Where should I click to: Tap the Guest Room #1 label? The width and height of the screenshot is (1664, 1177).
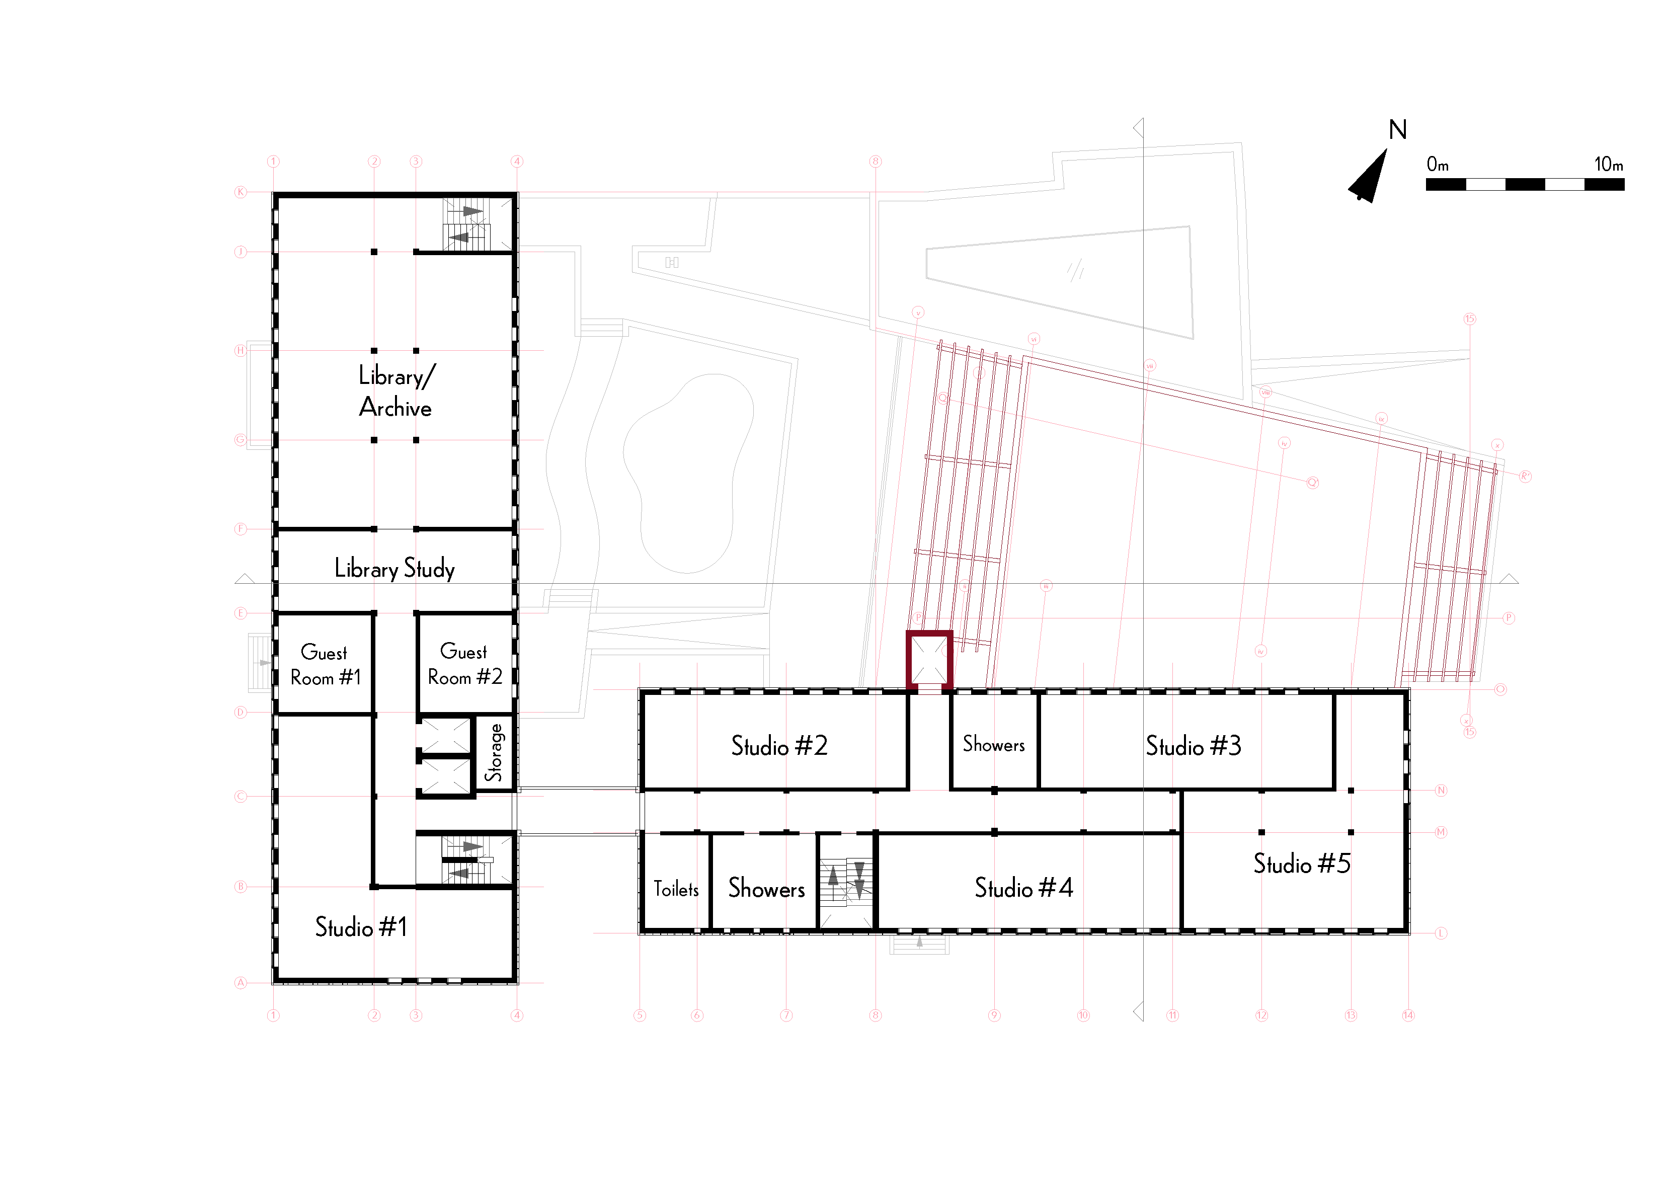click(325, 665)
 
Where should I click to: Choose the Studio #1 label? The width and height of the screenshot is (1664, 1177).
click(361, 927)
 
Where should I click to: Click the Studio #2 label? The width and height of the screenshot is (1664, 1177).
click(779, 746)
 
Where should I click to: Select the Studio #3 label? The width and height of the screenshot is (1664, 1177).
click(1193, 746)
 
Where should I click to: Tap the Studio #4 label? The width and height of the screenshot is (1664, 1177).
click(1023, 888)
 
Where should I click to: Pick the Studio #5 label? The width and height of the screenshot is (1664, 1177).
click(1302, 864)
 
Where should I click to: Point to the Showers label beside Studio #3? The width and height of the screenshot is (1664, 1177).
click(994, 744)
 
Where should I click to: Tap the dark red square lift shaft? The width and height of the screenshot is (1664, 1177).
click(929, 660)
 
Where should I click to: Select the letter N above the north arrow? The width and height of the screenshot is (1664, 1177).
click(1397, 130)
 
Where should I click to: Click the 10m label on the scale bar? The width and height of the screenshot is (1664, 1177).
click(1608, 165)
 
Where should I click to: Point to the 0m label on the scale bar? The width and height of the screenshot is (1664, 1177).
click(1437, 165)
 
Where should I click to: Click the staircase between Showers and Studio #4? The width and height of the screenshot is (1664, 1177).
click(846, 881)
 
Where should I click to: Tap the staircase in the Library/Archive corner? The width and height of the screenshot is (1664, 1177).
click(467, 224)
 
